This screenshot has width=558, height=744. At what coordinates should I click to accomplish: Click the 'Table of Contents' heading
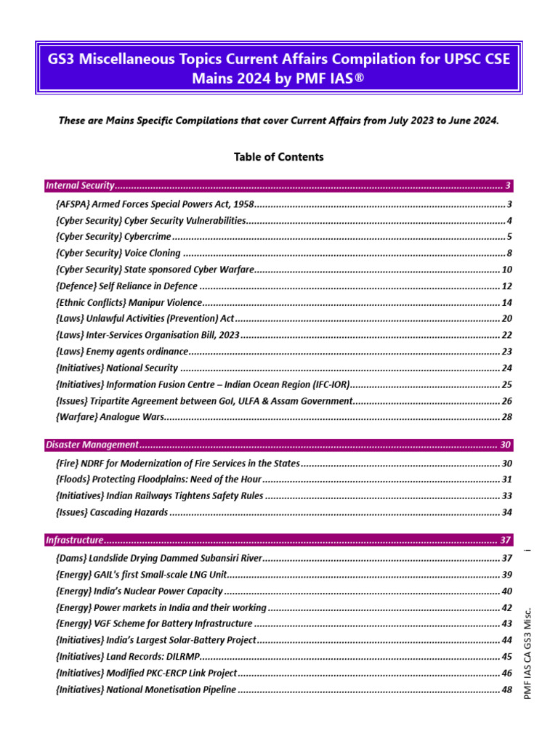[279, 157]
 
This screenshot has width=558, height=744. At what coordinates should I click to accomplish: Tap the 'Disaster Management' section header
[92, 444]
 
